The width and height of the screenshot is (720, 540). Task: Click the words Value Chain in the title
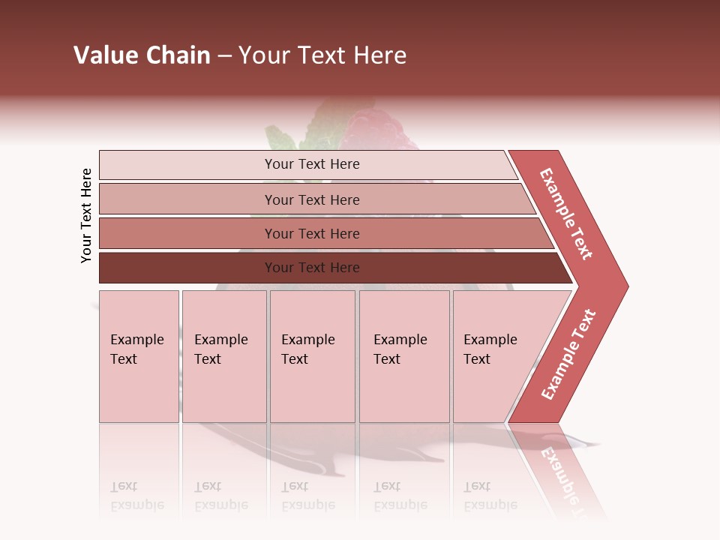pos(142,55)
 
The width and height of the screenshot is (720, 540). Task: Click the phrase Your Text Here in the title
pos(322,55)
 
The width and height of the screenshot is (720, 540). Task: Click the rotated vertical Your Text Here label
pos(86,215)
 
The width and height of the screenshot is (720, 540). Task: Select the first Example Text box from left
pos(139,356)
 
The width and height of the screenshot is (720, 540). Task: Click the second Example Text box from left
pos(224,356)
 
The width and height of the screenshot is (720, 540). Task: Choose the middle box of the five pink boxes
pos(312,356)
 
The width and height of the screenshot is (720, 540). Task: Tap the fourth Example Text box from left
pos(404,356)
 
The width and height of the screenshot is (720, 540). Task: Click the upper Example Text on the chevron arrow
pos(566,214)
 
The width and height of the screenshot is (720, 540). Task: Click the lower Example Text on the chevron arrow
pos(568,354)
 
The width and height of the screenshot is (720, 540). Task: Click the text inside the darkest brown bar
pos(312,268)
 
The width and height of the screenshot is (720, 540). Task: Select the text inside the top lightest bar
pos(312,164)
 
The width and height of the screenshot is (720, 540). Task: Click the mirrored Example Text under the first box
pos(137,496)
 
